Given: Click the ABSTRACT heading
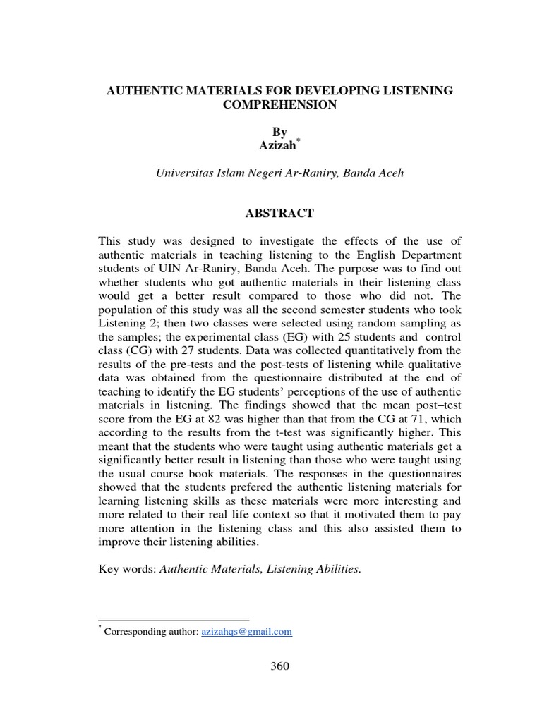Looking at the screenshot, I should [279, 213].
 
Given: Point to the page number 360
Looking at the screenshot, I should [279, 667].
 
